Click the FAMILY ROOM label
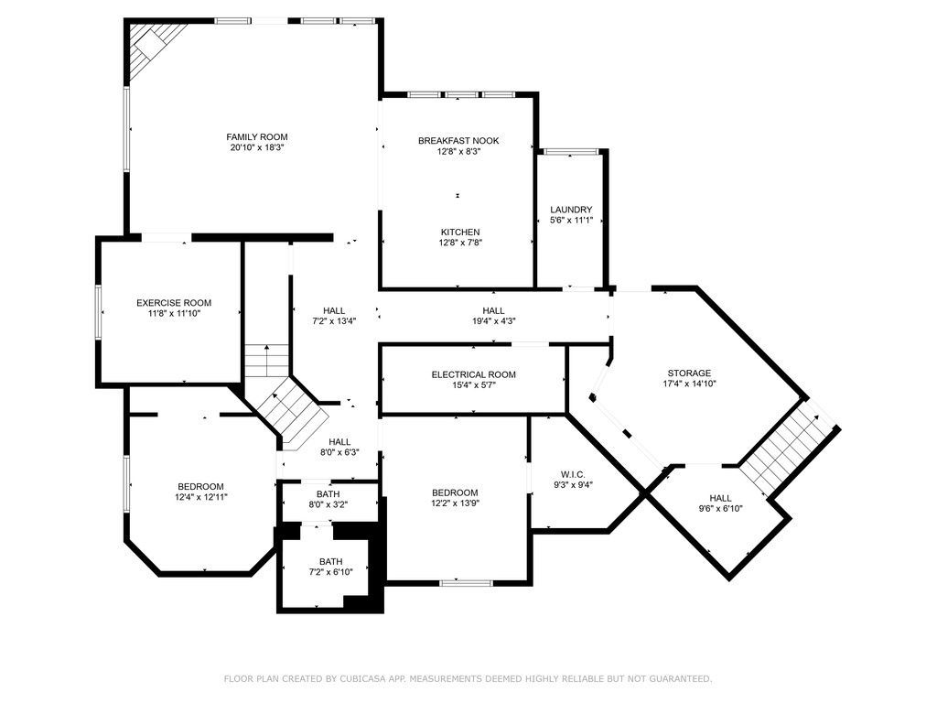[x=257, y=137]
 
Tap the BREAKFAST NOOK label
[x=458, y=140]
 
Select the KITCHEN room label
[x=460, y=232]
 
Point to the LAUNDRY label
[x=571, y=210]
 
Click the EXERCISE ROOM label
[x=174, y=302]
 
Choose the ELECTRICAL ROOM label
[x=474, y=374]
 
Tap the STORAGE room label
[x=690, y=373]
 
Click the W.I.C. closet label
[x=573, y=475]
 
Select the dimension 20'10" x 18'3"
[x=257, y=147]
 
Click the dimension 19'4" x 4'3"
[x=493, y=321]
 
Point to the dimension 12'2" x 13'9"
[x=456, y=503]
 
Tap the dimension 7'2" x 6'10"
[x=331, y=572]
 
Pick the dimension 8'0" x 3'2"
[x=328, y=504]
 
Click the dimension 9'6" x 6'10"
[x=721, y=509]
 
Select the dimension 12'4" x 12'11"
[x=201, y=497]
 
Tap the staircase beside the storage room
[x=788, y=447]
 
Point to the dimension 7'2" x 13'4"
[x=334, y=321]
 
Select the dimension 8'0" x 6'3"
[x=339, y=452]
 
